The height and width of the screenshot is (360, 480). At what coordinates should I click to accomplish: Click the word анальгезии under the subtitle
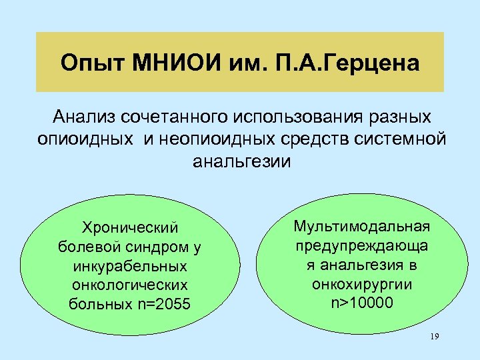point(241,161)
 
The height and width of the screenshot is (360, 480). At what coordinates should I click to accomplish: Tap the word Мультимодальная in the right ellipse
point(363,227)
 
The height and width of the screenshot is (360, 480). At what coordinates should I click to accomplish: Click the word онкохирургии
point(363,284)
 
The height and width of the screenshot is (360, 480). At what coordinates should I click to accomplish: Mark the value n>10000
point(363,303)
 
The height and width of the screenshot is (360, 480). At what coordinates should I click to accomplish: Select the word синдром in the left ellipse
point(159,248)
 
